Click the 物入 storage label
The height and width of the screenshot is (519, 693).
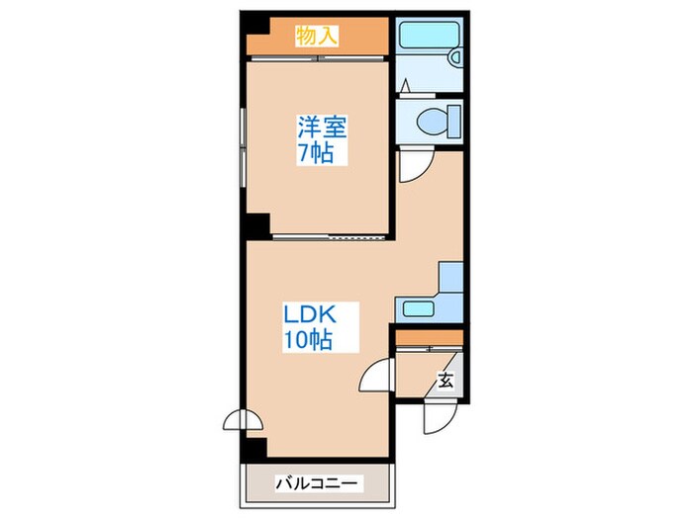pyautogui.click(x=317, y=36)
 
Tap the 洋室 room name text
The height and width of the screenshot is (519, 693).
pyautogui.click(x=322, y=128)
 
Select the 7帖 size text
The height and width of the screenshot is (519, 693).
pyautogui.click(x=316, y=152)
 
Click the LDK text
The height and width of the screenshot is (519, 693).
pyautogui.click(x=310, y=315)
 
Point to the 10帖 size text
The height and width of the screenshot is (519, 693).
pyautogui.click(x=308, y=339)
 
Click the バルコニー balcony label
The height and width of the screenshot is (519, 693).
pyautogui.click(x=317, y=483)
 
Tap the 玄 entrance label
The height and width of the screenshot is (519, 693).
pyautogui.click(x=445, y=380)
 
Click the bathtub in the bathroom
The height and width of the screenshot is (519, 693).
pyautogui.click(x=429, y=34)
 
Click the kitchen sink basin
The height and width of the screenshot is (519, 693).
pyautogui.click(x=418, y=308)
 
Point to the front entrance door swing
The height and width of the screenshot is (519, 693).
pyautogui.click(x=440, y=416)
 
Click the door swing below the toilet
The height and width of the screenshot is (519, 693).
pyautogui.click(x=416, y=166)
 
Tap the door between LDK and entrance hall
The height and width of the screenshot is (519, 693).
pyautogui.click(x=376, y=375)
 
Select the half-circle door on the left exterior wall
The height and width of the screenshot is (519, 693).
pyautogui.click(x=243, y=420)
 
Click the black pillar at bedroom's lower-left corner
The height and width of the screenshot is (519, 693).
pyautogui.click(x=258, y=226)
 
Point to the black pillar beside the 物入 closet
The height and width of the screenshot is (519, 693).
pyautogui.click(x=255, y=25)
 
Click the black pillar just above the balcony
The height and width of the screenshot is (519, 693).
pyautogui.click(x=254, y=449)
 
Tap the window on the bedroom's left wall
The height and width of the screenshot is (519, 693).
pyautogui.click(x=244, y=147)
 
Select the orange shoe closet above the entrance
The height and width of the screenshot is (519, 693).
pyautogui.click(x=429, y=338)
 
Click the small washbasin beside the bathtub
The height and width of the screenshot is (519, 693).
pyautogui.click(x=454, y=57)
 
